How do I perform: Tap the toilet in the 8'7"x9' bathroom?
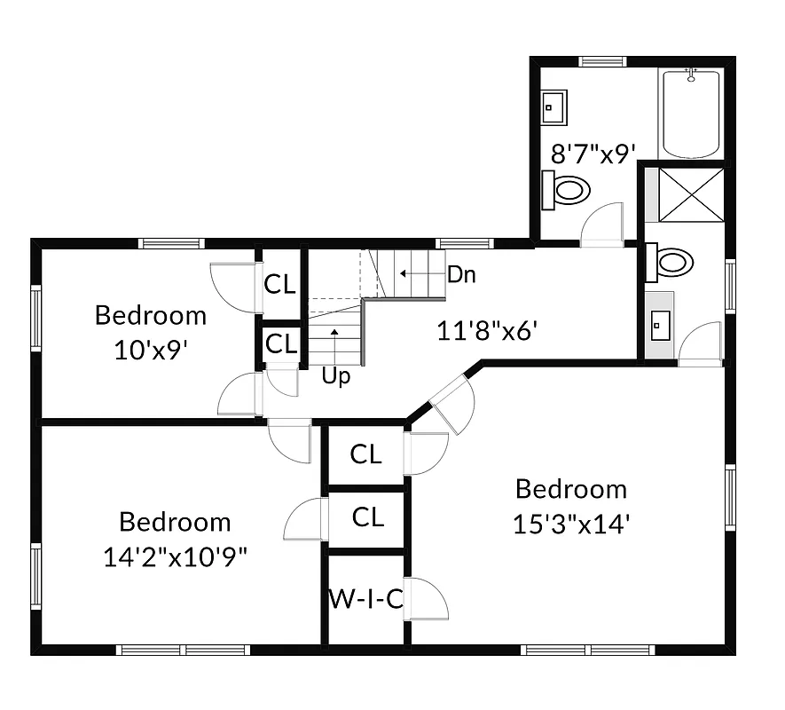click(x=568, y=189)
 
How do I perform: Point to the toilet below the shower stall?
click(x=671, y=262)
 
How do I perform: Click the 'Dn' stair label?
click(x=461, y=274)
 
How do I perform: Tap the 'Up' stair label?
click(x=336, y=376)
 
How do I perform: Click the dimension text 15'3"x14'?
click(x=571, y=524)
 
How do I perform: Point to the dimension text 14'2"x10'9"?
click(x=175, y=556)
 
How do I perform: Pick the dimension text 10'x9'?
click(x=150, y=351)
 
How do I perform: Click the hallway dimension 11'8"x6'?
click(x=489, y=331)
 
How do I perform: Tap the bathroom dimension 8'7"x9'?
click(x=593, y=154)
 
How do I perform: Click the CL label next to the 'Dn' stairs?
click(x=280, y=284)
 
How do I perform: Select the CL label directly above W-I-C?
click(x=367, y=517)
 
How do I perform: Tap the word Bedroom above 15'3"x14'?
click(x=571, y=489)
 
